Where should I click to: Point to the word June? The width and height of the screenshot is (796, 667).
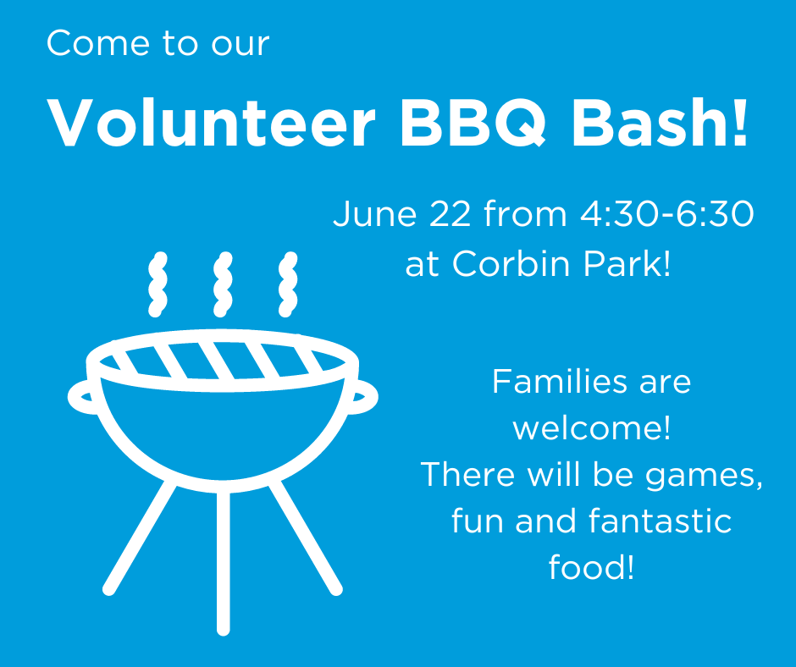point(374,213)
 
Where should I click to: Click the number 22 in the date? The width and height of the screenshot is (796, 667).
point(450,213)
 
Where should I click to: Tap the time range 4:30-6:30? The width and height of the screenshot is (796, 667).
point(666,213)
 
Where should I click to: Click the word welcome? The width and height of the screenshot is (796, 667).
point(591,428)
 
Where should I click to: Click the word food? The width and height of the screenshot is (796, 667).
point(591,567)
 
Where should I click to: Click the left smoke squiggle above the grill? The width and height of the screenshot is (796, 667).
point(158,284)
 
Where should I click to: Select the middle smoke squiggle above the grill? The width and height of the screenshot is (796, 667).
point(223,284)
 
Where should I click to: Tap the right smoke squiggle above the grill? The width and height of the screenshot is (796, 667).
point(288,284)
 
